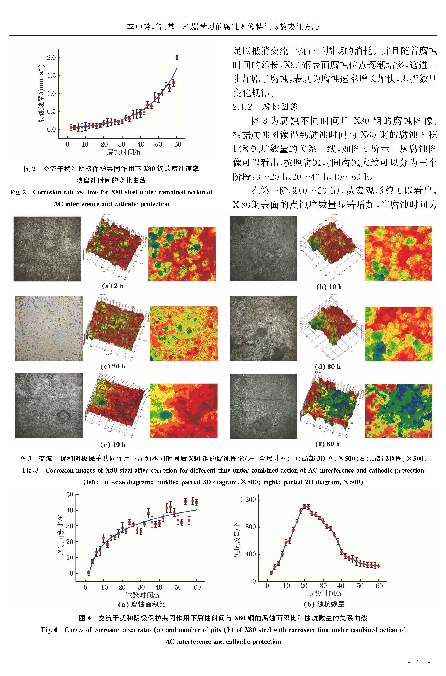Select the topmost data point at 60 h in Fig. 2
[177, 57]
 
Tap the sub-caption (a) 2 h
[113, 286]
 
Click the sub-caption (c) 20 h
[113, 366]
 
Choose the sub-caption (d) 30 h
[327, 367]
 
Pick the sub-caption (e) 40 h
[113, 444]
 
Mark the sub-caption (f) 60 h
[327, 444]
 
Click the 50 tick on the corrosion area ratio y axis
[70, 495]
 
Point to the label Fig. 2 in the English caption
[18, 192]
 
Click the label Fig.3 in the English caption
[30, 470]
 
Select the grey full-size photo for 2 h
[47, 249]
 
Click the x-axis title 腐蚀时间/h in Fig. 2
[123, 152]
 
